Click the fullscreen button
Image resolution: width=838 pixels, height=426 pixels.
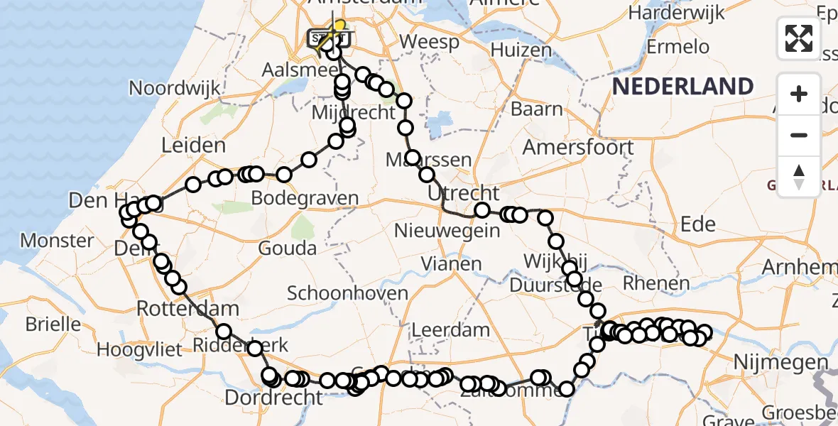(799, 38)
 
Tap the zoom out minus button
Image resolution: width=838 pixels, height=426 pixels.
(799, 135)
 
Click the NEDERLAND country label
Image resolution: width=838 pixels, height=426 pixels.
(682, 87)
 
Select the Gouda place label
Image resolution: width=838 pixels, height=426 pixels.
(288, 248)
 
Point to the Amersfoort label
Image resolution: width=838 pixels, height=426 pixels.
(578, 148)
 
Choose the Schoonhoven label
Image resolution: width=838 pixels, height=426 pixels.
(347, 293)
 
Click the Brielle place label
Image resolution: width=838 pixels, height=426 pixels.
(53, 324)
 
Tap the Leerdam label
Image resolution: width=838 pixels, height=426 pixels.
(451, 330)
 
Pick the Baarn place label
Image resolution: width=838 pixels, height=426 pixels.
(537, 110)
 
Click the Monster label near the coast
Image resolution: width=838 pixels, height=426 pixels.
(57, 241)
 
